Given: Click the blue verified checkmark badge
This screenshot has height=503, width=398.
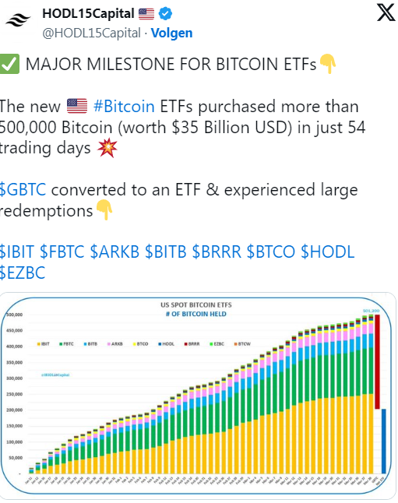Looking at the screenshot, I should pos(167,14).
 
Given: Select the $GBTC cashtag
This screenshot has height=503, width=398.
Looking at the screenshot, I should pos(23,190).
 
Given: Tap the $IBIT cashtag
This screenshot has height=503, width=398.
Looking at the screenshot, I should pos(18,251).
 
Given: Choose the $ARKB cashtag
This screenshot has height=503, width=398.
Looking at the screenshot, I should pos(111,251).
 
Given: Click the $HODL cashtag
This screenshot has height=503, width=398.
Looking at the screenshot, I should pos(327,251).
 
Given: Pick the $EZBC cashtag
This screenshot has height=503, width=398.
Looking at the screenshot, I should pos(23,273).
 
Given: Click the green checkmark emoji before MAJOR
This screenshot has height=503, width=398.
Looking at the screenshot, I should pos(10,64).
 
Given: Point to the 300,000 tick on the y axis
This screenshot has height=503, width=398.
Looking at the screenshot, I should pos(16,378).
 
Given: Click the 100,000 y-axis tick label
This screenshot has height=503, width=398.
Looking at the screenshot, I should pos(16,442).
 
